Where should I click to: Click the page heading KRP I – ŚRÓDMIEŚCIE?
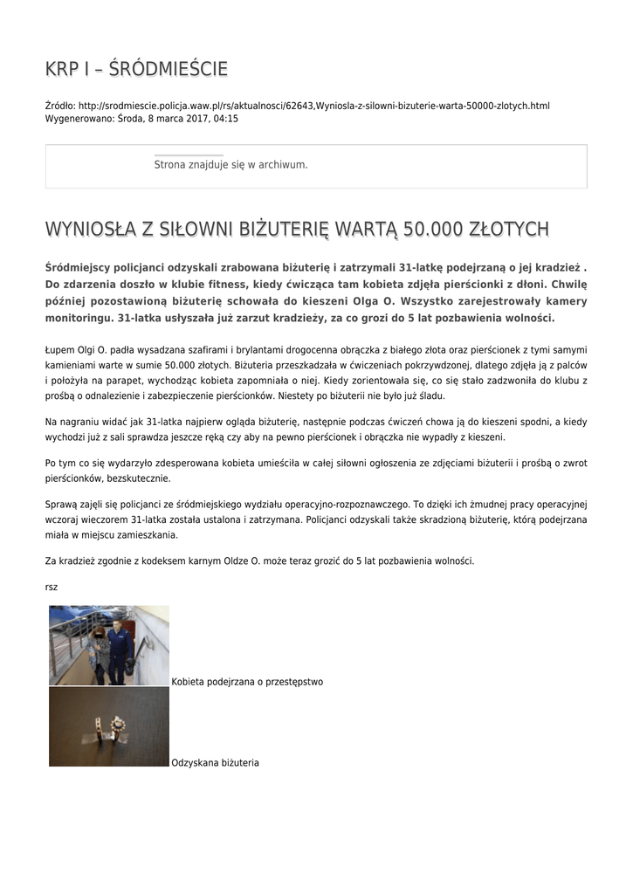136,69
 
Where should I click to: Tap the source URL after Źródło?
314,106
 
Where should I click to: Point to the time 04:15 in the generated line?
226,118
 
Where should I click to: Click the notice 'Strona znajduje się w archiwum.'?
230,164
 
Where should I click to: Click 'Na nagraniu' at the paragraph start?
69,422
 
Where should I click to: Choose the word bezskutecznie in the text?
143,478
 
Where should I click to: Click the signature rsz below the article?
52,587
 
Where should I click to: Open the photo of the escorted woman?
108,645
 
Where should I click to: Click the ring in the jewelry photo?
107,726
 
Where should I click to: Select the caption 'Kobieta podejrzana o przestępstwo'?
247,682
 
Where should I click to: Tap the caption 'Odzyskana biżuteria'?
216,763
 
